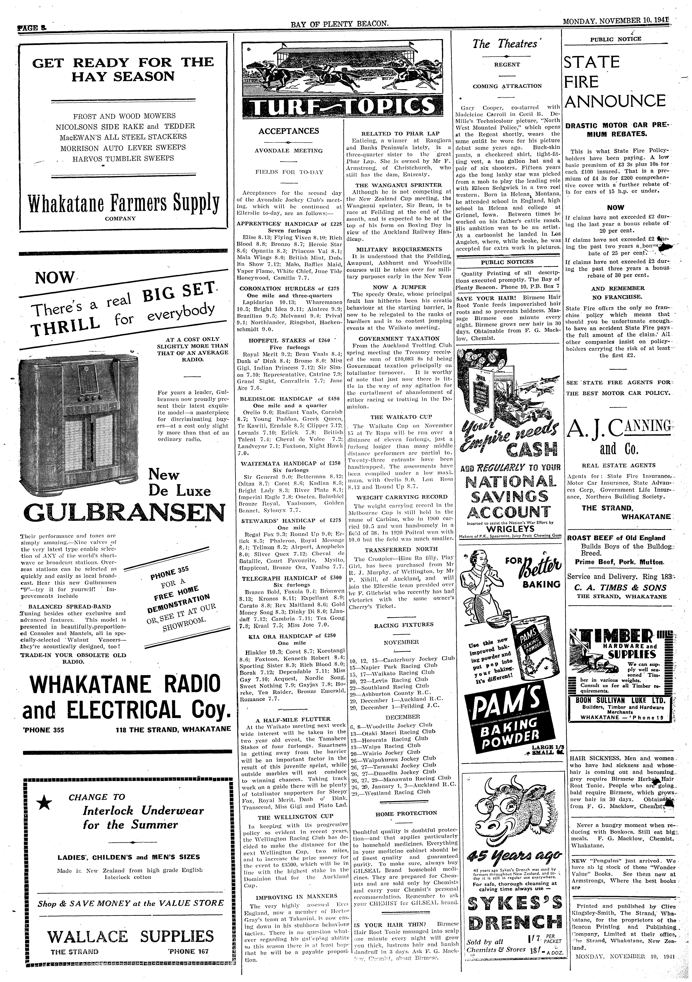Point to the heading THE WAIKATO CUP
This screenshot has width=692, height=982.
(401, 417)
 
